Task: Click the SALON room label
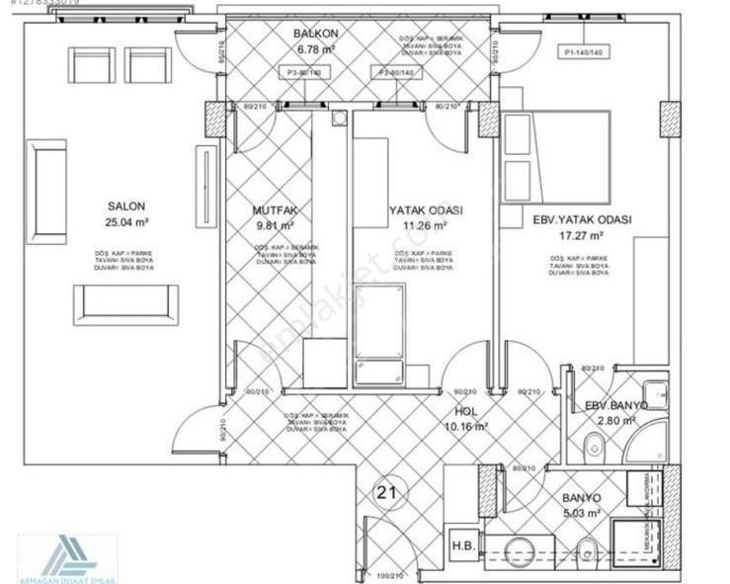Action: [x=127, y=207]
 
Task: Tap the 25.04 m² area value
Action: [x=127, y=222]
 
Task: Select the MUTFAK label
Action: [x=275, y=209]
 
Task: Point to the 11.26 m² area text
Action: [x=425, y=224]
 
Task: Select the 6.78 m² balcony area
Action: [x=316, y=49]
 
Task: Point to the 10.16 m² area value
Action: [x=467, y=427]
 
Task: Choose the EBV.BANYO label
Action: [x=615, y=405]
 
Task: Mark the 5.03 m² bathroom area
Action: [x=582, y=514]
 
